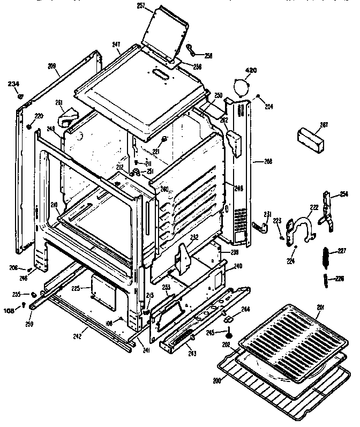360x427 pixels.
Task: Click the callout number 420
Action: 251,71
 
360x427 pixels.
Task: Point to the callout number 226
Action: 340,278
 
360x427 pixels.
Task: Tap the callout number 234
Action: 13,84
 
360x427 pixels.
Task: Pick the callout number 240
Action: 237,265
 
